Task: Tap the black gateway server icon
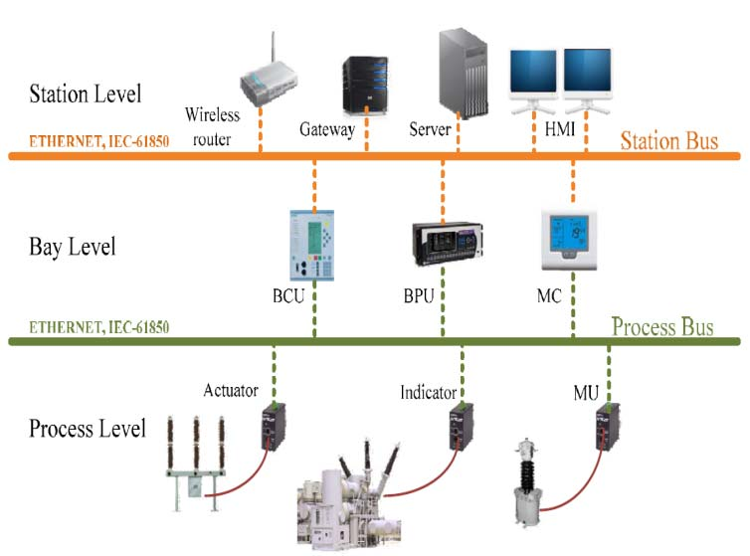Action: pyautogui.click(x=365, y=86)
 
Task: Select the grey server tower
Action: pyautogui.click(x=463, y=73)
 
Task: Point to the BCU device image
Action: pyautogui.click(x=312, y=246)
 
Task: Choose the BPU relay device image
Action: pyautogui.click(x=448, y=244)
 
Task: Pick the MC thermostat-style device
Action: pyautogui.click(x=569, y=240)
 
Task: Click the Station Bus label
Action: pyautogui.click(x=669, y=140)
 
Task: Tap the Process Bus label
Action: pyautogui.click(x=662, y=327)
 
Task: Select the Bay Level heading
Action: pyautogui.click(x=73, y=248)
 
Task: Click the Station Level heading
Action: pyautogui.click(x=86, y=93)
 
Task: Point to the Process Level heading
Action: pyautogui.click(x=88, y=429)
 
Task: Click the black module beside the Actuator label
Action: pyautogui.click(x=274, y=427)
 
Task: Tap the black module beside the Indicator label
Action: pyautogui.click(x=462, y=427)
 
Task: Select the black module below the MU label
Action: pyautogui.click(x=608, y=427)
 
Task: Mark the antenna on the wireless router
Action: pyautogui.click(x=274, y=47)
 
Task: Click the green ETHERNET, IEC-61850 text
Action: pyautogui.click(x=99, y=327)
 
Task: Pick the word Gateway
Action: pyautogui.click(x=327, y=129)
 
